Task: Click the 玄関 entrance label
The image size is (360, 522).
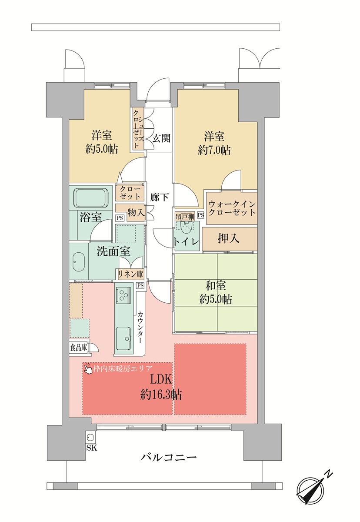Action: (x=161, y=138)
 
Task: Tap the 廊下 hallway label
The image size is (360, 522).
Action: (x=159, y=197)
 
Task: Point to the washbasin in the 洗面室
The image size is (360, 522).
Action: (x=78, y=261)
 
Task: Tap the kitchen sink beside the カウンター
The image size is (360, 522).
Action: (x=123, y=338)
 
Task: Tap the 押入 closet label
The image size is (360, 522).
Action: (x=228, y=238)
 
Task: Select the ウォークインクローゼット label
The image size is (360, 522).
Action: (x=232, y=208)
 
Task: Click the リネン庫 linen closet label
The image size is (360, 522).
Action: (x=130, y=274)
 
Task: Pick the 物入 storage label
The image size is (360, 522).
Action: (x=136, y=212)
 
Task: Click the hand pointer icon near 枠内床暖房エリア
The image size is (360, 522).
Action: (x=88, y=368)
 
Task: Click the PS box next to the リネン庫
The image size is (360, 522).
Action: (x=140, y=285)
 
